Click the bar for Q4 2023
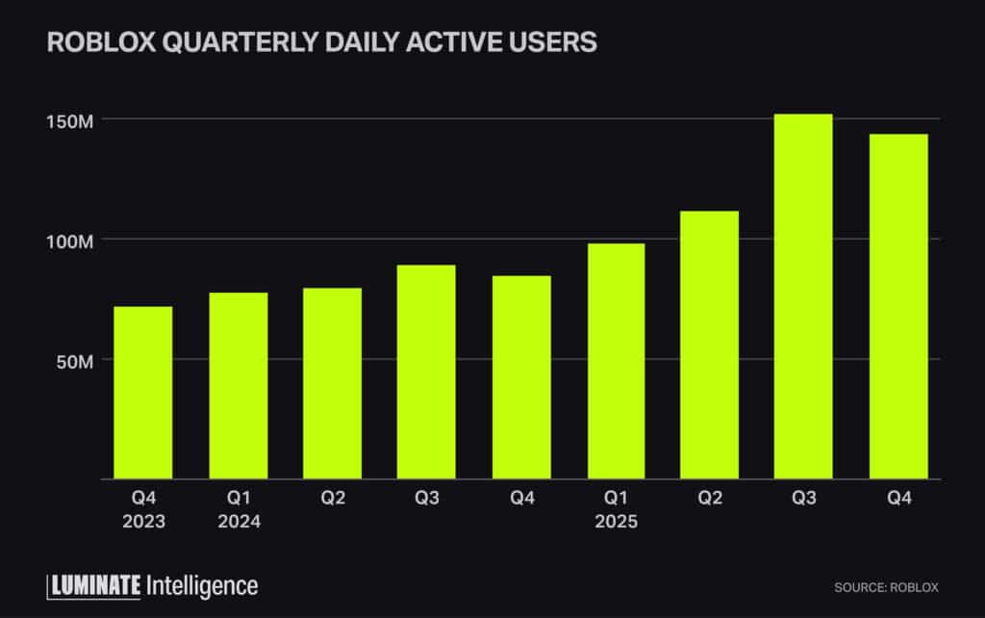[x=142, y=393]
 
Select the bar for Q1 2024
[x=238, y=385]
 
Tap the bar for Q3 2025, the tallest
[x=803, y=296]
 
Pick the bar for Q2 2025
[x=709, y=345]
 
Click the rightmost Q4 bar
[x=897, y=306]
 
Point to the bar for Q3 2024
[x=426, y=372]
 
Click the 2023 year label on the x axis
[x=142, y=522]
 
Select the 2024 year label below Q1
[x=238, y=522]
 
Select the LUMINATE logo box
[x=93, y=584]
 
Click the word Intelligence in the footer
[x=201, y=584]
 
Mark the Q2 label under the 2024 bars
[x=332, y=500]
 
